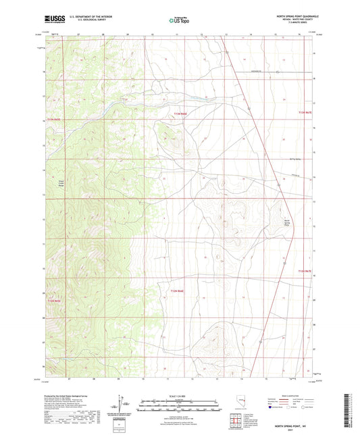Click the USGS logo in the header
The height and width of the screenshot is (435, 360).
[53, 21]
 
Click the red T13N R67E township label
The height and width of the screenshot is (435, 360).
[306, 112]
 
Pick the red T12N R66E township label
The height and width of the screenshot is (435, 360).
[176, 291]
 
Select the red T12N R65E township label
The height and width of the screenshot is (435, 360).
[53, 300]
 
